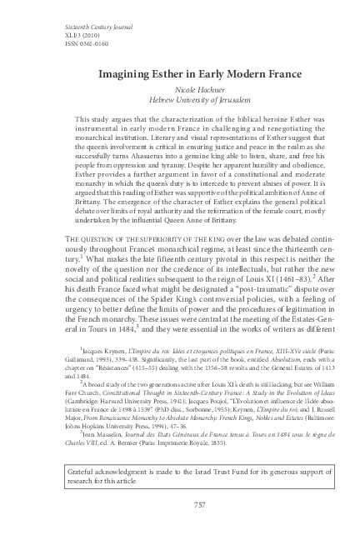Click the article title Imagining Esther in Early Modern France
point(180,74)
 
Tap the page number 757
point(180,528)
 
